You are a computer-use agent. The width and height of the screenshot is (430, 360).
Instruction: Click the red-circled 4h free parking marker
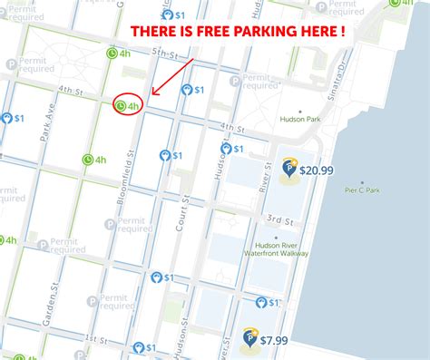[x=128, y=106]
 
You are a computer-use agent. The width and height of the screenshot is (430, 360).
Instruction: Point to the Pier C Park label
[x=366, y=190]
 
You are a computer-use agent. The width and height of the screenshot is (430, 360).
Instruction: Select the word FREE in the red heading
[x=201, y=32]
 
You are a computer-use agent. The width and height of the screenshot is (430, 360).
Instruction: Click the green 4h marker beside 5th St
[x=118, y=54]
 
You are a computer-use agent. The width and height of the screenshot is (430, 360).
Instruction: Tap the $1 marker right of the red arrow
[x=193, y=90]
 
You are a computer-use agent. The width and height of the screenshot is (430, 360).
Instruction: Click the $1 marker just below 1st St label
[x=143, y=347]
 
